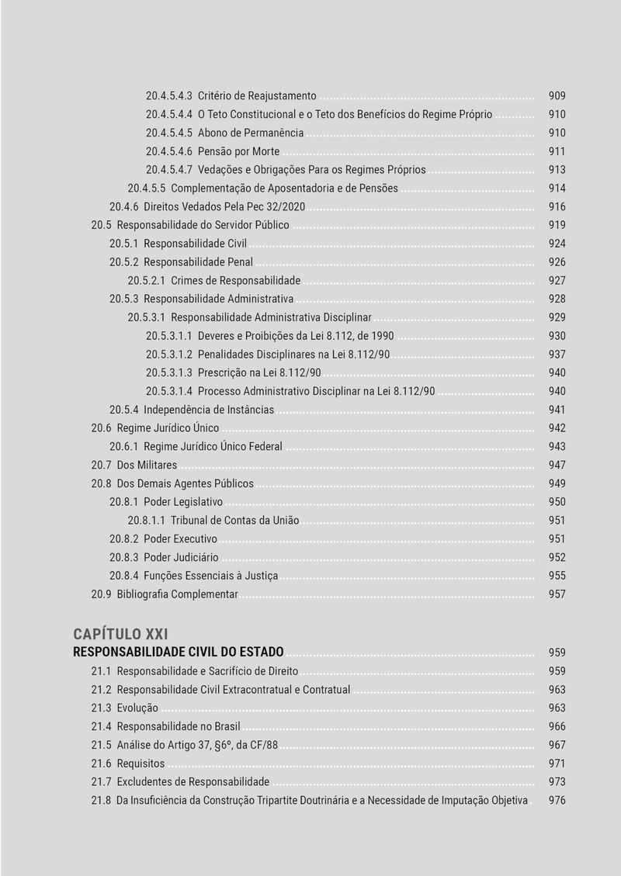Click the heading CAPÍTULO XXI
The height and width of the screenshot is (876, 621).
pyautogui.click(x=120, y=634)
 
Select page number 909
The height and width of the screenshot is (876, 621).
pyautogui.click(x=557, y=96)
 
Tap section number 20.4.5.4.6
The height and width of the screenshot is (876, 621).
pyautogui.click(x=169, y=151)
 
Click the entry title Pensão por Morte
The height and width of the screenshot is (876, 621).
pyautogui.click(x=238, y=151)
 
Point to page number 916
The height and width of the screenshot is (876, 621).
pyautogui.click(x=557, y=207)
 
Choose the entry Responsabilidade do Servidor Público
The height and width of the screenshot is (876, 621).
pyautogui.click(x=203, y=225)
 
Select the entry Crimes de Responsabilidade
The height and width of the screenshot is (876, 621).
pyautogui.click(x=235, y=281)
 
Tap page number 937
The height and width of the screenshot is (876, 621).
pyautogui.click(x=557, y=355)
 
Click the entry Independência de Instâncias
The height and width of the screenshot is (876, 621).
pyautogui.click(x=209, y=410)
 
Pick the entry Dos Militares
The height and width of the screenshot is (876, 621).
pyautogui.click(x=147, y=466)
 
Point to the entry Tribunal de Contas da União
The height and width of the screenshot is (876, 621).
pyautogui.click(x=234, y=521)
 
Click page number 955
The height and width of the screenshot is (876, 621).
pyautogui.click(x=557, y=576)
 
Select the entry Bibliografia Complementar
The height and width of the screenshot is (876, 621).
pyautogui.click(x=177, y=594)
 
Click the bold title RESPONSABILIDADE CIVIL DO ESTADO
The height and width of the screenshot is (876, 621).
pyautogui.click(x=179, y=652)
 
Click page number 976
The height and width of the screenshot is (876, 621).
pyautogui.click(x=557, y=801)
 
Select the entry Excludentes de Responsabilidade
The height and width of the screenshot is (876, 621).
pyautogui.click(x=193, y=782)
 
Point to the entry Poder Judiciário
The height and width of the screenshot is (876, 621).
pyautogui.click(x=181, y=558)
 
